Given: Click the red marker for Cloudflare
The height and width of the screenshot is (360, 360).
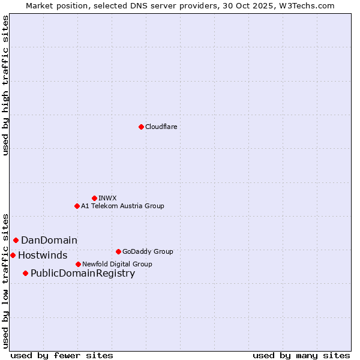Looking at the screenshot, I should (x=141, y=127).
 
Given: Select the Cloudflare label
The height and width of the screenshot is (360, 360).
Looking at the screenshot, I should (x=161, y=127).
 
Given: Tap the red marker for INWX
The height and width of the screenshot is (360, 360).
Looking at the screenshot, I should (x=94, y=198).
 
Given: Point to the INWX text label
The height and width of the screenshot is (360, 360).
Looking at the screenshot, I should (x=107, y=198).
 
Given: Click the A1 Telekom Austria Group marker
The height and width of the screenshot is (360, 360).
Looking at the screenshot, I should (x=77, y=206).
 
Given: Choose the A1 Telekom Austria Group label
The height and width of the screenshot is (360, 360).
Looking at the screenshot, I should (x=122, y=206).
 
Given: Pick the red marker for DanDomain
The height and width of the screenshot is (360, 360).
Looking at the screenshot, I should (x=16, y=240).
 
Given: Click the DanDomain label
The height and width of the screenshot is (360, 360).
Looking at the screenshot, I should (x=49, y=240).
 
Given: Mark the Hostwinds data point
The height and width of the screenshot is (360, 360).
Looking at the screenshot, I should (x=13, y=255).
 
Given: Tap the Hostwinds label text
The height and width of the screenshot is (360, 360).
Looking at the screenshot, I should (x=43, y=255).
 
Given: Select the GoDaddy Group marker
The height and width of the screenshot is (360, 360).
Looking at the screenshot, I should (x=118, y=251).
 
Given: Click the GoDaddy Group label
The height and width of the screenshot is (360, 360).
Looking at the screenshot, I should (x=148, y=251).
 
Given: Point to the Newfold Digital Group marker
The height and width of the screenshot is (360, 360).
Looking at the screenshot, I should (x=78, y=264).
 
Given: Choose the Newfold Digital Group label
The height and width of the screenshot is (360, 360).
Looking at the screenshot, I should (x=117, y=264).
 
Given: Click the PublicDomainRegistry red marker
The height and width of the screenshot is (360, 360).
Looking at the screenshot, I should (x=25, y=274).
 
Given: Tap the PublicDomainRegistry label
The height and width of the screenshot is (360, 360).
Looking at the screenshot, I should (x=83, y=274).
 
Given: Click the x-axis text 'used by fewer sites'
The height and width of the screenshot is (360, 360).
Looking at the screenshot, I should (x=62, y=355).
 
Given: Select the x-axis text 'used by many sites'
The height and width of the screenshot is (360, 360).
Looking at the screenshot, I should (x=301, y=355).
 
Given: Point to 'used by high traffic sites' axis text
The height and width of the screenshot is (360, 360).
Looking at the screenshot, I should (x=5, y=85).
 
